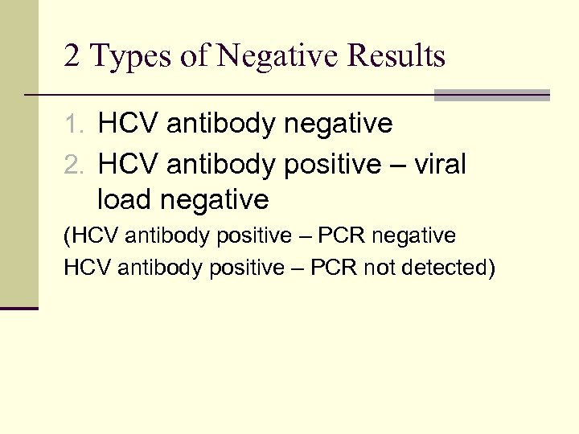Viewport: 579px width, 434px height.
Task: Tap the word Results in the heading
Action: (x=394, y=56)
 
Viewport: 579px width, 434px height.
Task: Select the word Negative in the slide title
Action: (x=265, y=56)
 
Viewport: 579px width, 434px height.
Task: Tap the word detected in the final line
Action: (x=445, y=268)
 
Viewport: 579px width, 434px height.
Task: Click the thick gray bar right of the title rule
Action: (x=491, y=95)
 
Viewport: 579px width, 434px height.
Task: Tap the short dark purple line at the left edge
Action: (x=19, y=308)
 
